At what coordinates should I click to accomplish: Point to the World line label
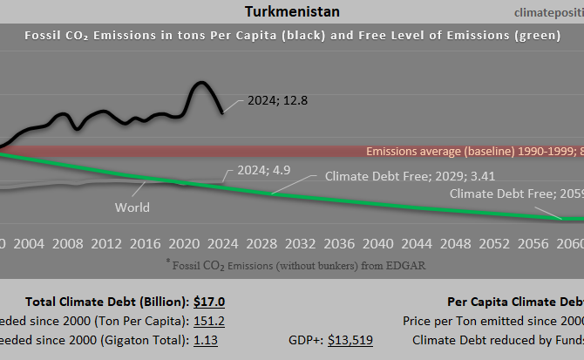click(132, 207)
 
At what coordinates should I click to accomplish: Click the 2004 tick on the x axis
click(30, 242)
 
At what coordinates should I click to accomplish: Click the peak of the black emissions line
click(200, 83)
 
